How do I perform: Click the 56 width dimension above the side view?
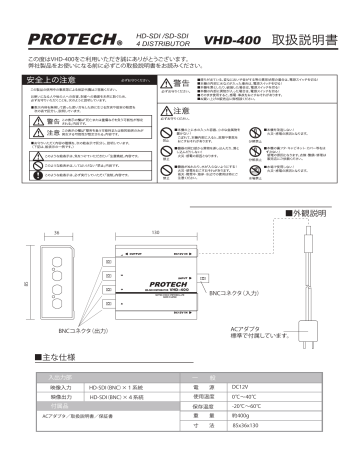coord(31,232)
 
